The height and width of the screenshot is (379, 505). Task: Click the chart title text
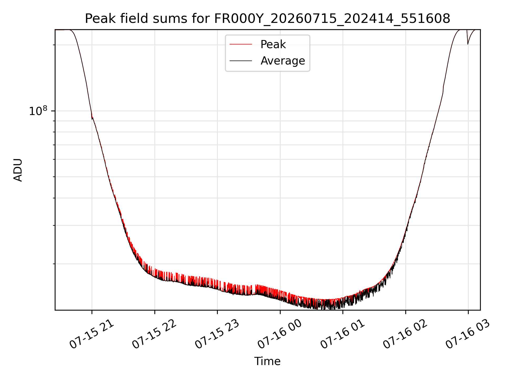pos(267,19)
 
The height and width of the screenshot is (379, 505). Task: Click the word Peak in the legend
pos(273,44)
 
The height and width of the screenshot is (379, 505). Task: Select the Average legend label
pos(283,61)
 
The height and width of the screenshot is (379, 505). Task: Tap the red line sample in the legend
pos(241,44)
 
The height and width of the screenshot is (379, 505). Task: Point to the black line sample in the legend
pos(241,61)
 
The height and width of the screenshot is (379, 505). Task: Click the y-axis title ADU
pos(18,170)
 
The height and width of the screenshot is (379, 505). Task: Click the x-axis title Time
pos(267,361)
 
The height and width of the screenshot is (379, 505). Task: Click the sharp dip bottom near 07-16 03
pos(468,44)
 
